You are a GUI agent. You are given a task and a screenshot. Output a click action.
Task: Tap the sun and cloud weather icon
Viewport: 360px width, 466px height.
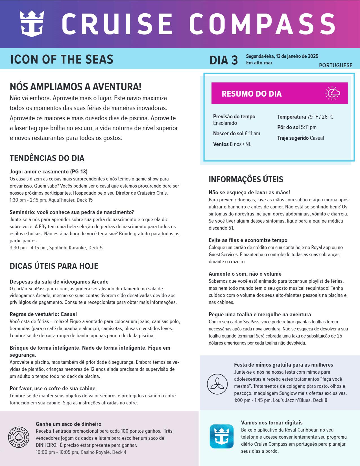[332, 93]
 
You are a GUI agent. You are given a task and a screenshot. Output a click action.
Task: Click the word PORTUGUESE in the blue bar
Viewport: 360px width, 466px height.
[335, 66]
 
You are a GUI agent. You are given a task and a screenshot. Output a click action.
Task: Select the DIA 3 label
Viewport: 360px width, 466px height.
[223, 60]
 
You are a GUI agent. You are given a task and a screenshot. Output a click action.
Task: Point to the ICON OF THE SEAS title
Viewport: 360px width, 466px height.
[62, 59]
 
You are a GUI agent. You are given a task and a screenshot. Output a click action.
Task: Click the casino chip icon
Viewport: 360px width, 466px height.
[19, 437]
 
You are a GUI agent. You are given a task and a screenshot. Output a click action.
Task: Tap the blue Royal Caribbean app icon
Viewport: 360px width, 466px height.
[221, 436]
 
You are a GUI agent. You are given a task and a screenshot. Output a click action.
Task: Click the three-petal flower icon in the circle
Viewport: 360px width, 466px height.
[217, 384]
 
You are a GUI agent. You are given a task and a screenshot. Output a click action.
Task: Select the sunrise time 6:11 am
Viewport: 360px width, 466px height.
[252, 134]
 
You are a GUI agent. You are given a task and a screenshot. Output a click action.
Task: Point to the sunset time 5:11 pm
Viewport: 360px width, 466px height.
[309, 127]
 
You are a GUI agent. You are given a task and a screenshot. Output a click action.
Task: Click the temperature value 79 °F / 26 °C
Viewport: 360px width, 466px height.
[320, 117]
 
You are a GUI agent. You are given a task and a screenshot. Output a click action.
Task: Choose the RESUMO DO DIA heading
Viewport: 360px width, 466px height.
[252, 94]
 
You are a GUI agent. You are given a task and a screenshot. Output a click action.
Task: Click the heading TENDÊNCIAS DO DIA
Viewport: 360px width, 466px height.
[47, 158]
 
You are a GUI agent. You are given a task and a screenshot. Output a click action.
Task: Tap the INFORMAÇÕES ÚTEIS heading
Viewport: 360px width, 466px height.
[246, 179]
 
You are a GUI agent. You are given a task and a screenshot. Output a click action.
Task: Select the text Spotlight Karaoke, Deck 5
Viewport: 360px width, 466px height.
[76, 248]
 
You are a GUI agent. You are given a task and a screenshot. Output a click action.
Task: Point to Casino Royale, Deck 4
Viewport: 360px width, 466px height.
[104, 452]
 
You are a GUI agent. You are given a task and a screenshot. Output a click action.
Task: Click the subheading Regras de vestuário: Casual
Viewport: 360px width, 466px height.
[43, 314]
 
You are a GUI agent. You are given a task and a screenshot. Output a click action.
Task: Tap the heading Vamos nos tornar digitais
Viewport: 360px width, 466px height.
[272, 423]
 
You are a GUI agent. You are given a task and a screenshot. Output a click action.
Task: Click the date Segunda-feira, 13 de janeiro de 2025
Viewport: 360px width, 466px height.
[282, 56]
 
